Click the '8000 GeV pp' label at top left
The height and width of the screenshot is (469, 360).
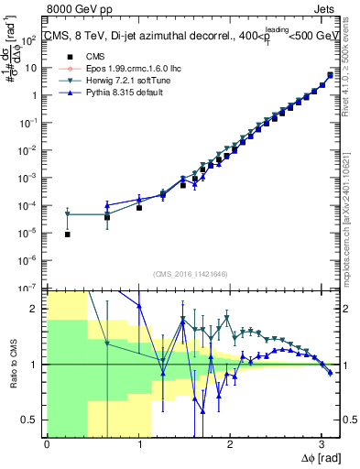[74, 8]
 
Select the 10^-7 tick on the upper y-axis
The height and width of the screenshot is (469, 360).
[33, 288]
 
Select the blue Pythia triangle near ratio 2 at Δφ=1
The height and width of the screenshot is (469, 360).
[138, 306]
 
